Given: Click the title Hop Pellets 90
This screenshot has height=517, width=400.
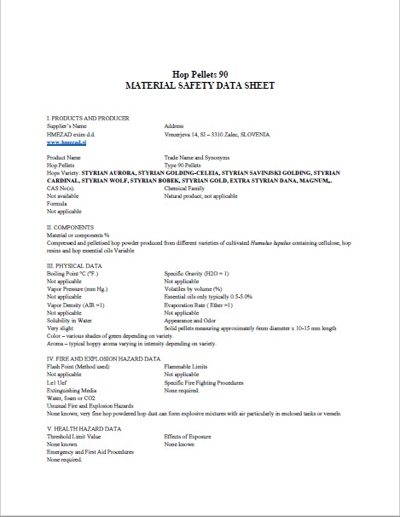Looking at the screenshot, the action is (200, 74).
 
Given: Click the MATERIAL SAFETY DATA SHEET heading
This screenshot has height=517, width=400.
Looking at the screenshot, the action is (200, 87).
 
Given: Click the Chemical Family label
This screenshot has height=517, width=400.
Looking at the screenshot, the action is (187, 188).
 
